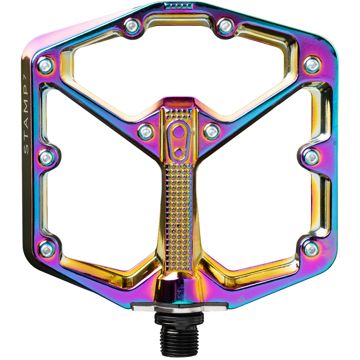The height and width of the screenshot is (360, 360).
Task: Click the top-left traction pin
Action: (132, 25)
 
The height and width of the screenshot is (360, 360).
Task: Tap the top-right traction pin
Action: (225, 25)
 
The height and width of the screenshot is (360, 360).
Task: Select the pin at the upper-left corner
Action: (46, 66)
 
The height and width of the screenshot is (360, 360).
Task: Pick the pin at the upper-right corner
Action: (312, 65)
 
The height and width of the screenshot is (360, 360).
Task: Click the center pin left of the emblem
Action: (146, 132)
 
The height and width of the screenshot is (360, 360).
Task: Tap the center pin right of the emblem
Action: (211, 131)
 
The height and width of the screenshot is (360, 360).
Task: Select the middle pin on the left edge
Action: (47, 158)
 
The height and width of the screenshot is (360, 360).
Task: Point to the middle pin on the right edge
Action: (311, 157)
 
